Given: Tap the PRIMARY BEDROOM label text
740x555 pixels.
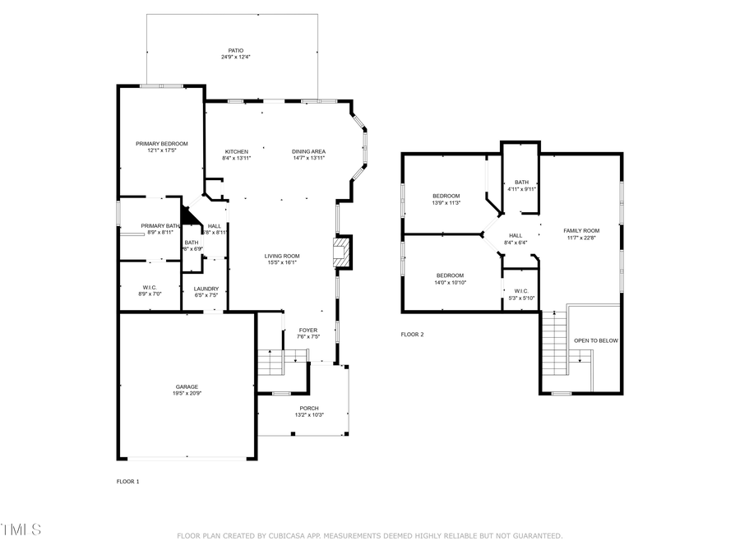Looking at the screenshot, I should coord(161,144).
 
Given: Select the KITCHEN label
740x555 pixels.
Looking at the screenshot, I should coord(237,152).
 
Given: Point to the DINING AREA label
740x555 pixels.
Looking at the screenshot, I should coord(308,152).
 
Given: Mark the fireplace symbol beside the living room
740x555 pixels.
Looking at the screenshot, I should coord(342,252).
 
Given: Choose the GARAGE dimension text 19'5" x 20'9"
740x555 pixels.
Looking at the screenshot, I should coord(187,394).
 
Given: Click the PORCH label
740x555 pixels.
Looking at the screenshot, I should coord(308,408).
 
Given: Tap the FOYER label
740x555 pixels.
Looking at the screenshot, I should coord(308,330).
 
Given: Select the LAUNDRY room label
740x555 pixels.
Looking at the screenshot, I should coord(206,289).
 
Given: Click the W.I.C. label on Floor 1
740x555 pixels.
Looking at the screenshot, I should coord(150,287).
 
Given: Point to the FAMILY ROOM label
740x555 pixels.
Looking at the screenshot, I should coord(581,231).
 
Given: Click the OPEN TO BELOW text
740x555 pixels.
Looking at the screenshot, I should coord(595,340).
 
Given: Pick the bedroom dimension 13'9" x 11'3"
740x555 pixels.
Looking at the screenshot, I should coord(446,203).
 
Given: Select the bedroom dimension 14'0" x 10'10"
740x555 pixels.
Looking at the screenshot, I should coord(450,283).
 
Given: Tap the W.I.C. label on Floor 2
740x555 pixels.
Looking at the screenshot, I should coord(520,290).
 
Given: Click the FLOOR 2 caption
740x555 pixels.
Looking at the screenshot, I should coord(412,335).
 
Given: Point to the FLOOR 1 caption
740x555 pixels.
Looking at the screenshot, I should coord(127,481).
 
